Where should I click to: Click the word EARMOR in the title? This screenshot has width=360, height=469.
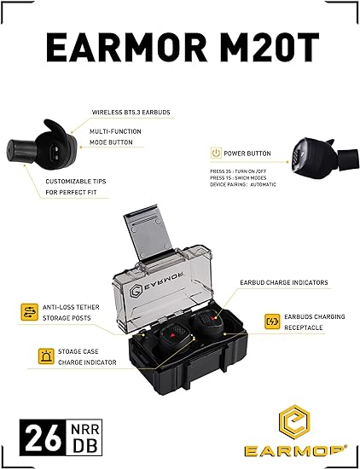(x=127, y=47)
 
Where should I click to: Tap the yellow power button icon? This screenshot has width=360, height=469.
(x=216, y=153)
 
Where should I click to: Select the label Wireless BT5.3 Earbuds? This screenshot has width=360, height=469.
(x=131, y=113)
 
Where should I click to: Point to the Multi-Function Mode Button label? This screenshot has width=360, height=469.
(x=115, y=136)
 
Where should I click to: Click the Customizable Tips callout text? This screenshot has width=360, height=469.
(x=76, y=187)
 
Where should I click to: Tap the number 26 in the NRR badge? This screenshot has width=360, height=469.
(x=44, y=437)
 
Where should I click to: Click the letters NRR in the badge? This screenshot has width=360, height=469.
(x=85, y=430)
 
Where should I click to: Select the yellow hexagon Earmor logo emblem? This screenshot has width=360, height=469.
(x=295, y=422)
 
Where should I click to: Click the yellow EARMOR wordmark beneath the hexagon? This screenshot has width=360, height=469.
(x=296, y=451)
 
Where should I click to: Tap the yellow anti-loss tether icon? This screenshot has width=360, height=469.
(x=29, y=312)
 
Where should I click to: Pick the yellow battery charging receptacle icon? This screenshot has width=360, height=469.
(x=272, y=321)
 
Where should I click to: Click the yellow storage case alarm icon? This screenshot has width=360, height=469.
(x=46, y=356)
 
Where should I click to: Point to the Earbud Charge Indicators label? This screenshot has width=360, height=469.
(x=284, y=282)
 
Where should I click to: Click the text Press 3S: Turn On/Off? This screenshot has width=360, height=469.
(x=238, y=171)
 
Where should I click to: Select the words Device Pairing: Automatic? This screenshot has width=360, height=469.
(x=243, y=184)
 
